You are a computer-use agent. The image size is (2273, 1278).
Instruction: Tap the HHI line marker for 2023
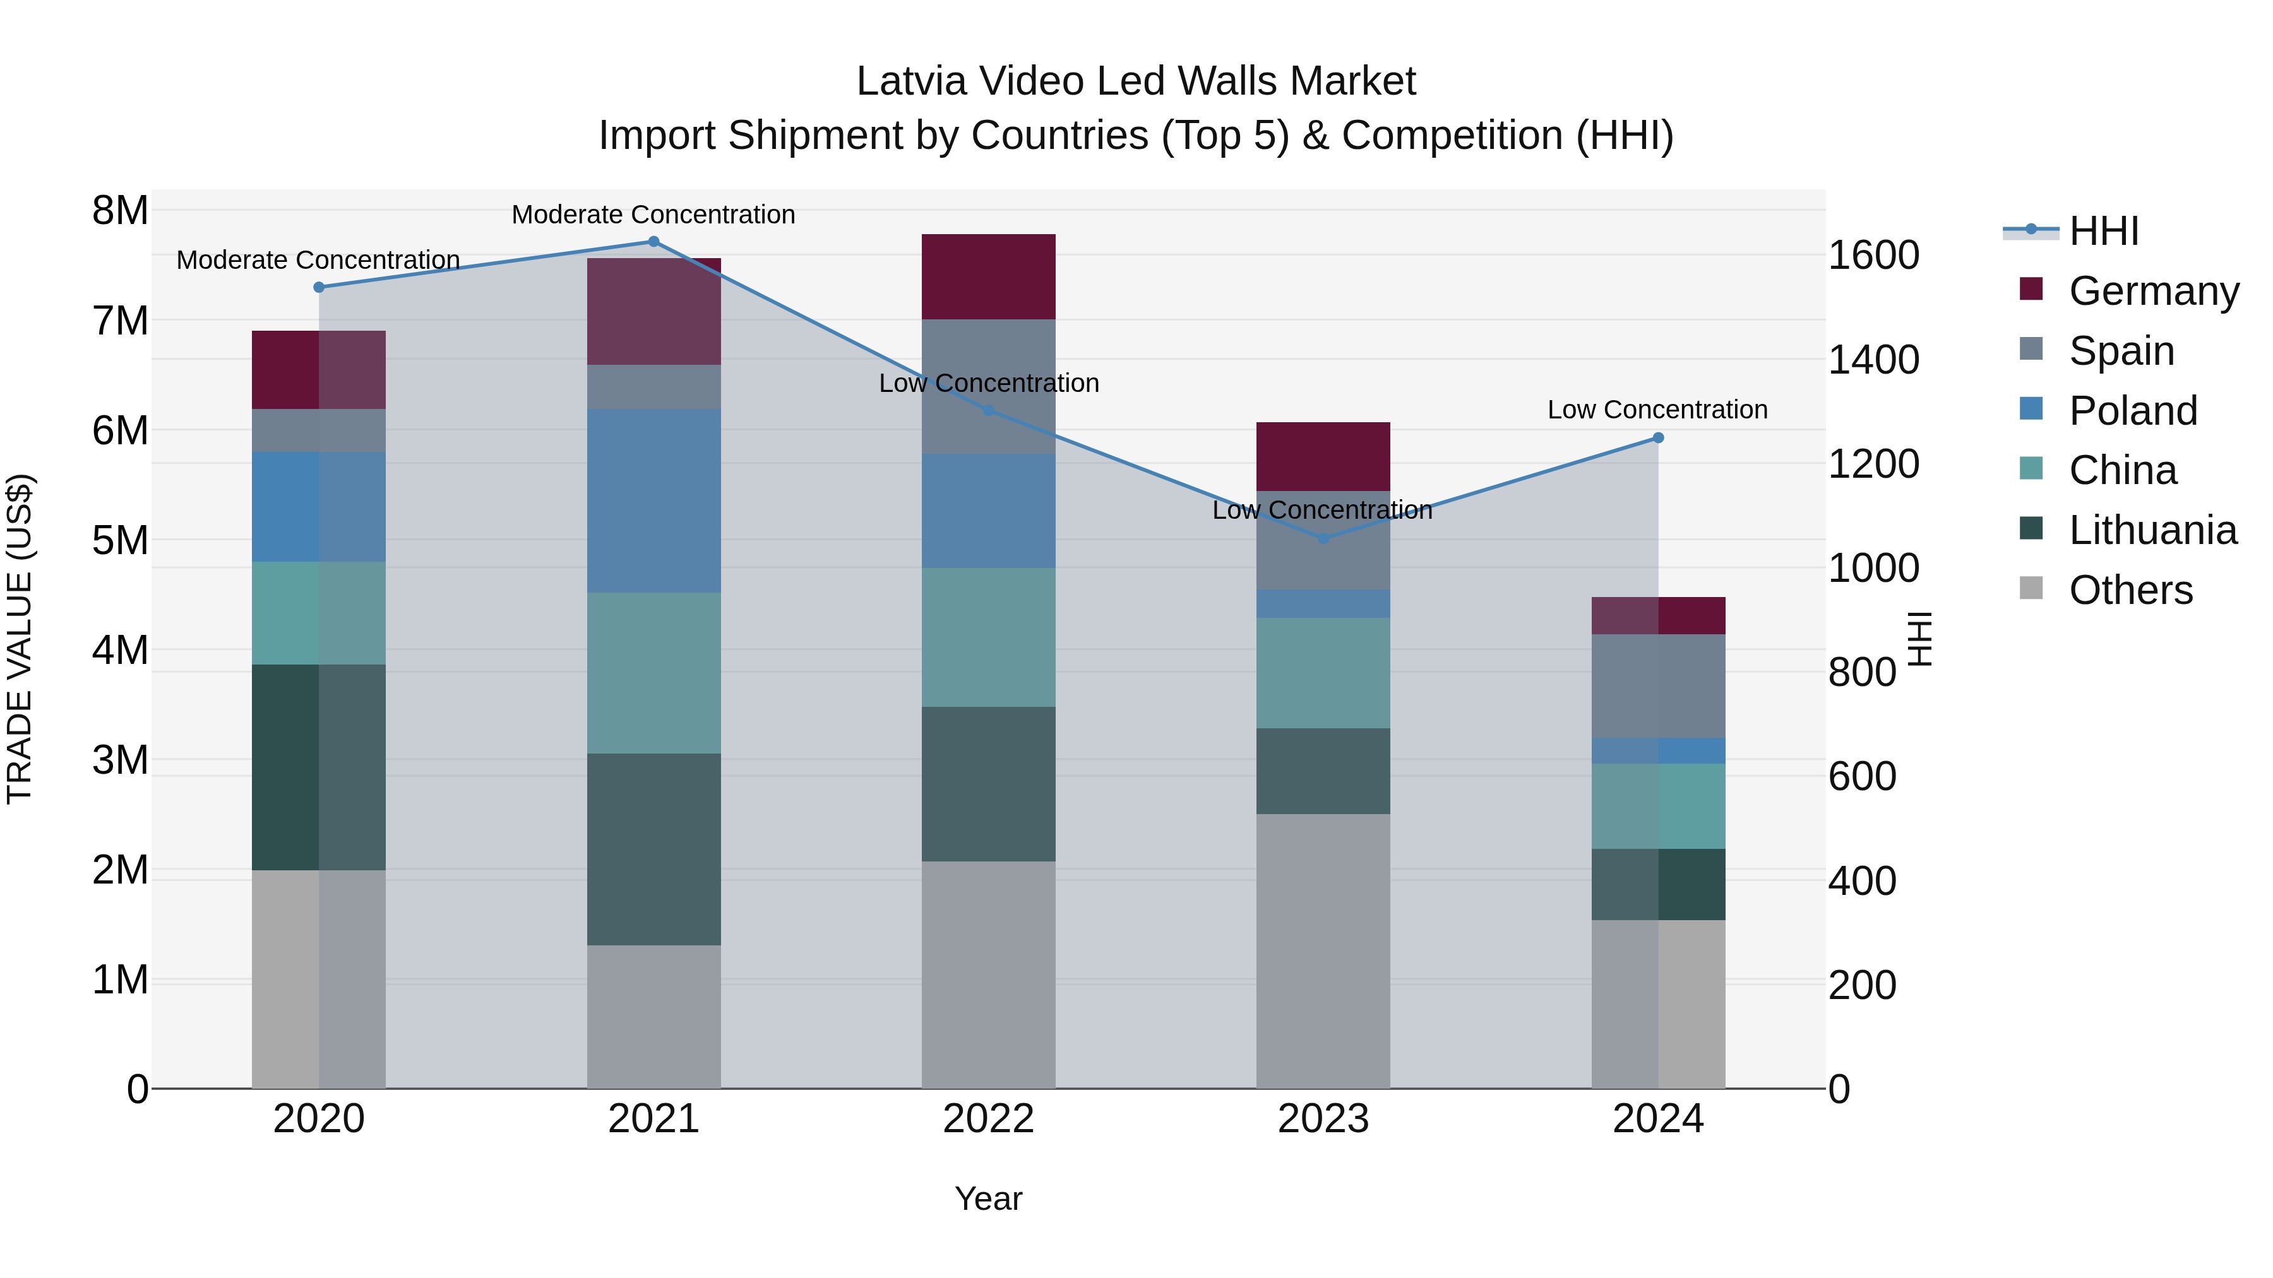point(1323,538)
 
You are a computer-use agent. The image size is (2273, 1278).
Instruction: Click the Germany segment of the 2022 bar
point(988,277)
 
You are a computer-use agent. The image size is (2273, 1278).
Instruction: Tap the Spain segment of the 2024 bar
point(1657,685)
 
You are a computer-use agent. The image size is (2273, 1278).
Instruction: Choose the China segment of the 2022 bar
point(988,637)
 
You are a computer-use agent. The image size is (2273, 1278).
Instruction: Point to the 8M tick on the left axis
point(120,211)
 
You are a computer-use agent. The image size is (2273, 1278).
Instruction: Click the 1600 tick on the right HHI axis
point(1873,256)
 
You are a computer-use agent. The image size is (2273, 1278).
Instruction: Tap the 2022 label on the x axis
point(988,1119)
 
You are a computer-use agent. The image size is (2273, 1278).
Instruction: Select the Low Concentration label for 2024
point(1657,410)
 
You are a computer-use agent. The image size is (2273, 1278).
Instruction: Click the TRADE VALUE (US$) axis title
point(20,639)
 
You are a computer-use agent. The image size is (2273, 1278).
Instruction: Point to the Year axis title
point(988,1198)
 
